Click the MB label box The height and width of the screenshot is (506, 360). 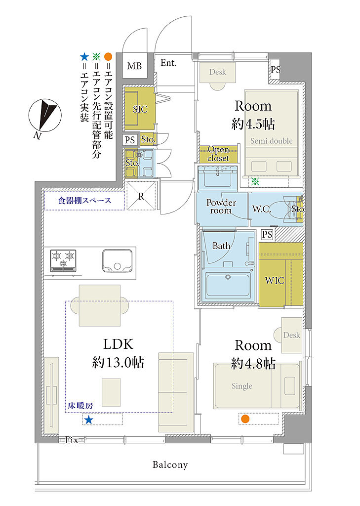[x=134, y=66]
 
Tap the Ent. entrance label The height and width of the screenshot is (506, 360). [x=168, y=63]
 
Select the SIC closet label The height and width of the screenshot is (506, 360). [x=140, y=109]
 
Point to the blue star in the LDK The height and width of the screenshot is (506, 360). [x=88, y=420]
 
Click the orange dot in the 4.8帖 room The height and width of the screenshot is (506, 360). [x=245, y=419]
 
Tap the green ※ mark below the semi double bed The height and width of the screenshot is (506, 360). [x=255, y=181]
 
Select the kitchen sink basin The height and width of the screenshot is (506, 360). [x=117, y=260]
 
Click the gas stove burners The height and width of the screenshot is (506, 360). [x=63, y=260]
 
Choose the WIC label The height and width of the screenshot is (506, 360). [x=275, y=281]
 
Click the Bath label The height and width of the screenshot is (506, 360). [x=221, y=246]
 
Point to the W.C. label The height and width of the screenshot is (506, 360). [x=261, y=209]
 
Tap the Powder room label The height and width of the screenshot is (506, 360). [x=221, y=207]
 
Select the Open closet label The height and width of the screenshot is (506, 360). [x=218, y=154]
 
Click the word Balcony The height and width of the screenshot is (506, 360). [x=170, y=464]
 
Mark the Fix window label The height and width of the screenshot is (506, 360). [x=72, y=440]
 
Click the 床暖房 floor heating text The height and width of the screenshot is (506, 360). [x=80, y=405]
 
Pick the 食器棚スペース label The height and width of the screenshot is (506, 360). [x=84, y=201]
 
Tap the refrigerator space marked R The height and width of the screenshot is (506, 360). [x=141, y=196]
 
